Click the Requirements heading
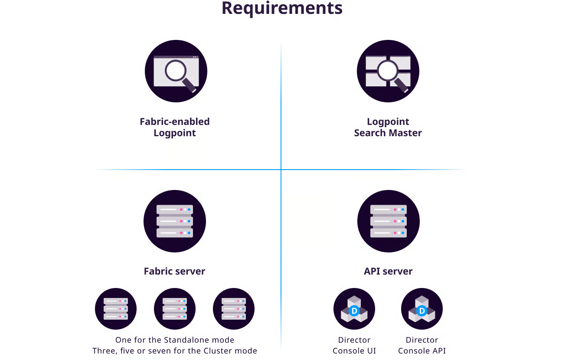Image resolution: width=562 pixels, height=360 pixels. tap(282, 8)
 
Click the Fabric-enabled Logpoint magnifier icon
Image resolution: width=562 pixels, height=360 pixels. tap(176, 71)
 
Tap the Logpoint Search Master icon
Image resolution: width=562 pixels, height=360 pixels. tap(388, 71)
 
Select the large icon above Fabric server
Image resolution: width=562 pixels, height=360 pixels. tap(175, 221)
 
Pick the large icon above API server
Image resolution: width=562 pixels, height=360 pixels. tap(389, 221)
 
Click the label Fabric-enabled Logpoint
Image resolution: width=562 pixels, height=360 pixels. tap(175, 127)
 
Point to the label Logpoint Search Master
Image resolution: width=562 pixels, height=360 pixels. tap(388, 127)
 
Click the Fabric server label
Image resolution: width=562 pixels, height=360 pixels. tap(174, 271)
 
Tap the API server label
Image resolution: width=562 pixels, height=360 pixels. tap(388, 271)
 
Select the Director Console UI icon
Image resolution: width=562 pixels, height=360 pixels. tap(354, 309)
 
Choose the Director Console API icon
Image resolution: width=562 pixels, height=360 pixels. tap(422, 309)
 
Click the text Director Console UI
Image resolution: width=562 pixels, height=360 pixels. tap(354, 345)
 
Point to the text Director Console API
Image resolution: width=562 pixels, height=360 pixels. tap(422, 345)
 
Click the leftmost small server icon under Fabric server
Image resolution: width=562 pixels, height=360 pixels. tap(116, 309)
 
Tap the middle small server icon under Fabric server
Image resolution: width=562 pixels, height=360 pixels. tap(175, 309)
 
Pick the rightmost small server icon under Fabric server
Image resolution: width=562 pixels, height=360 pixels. tap(234, 309)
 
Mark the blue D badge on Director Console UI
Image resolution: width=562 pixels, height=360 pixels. tap(354, 311)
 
